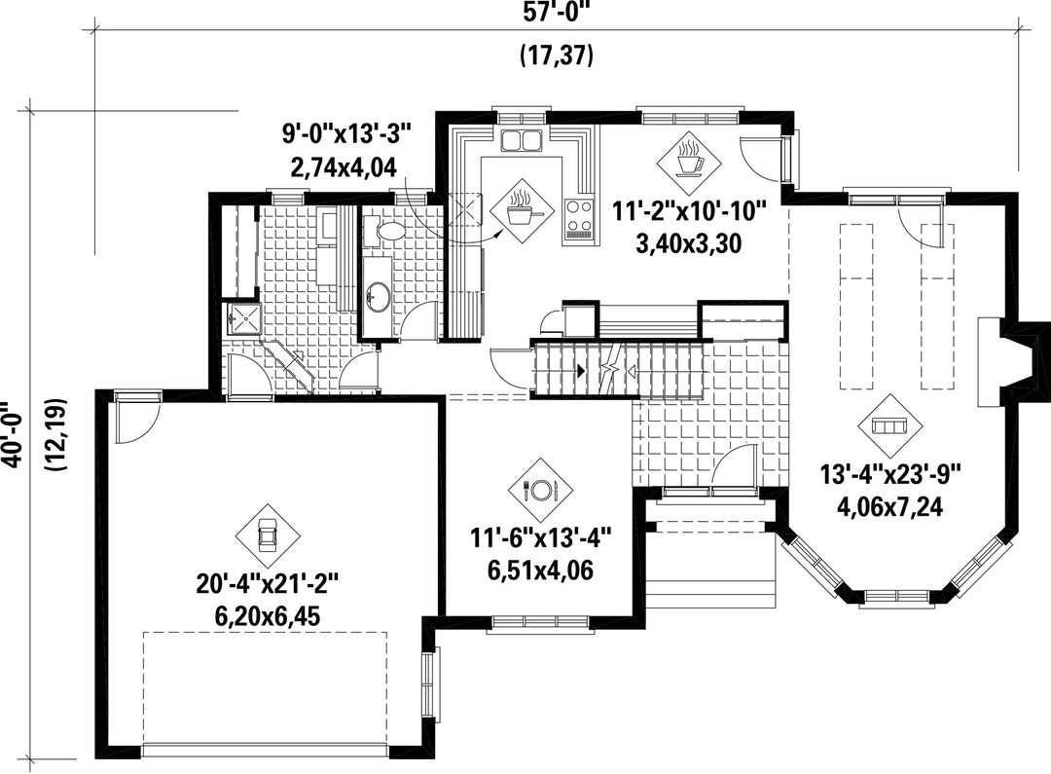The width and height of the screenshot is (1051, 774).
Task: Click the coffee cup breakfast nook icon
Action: click(x=689, y=159)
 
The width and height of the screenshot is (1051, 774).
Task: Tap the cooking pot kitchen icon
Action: click(x=523, y=211)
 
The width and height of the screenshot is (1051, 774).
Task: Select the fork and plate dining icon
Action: click(x=540, y=490)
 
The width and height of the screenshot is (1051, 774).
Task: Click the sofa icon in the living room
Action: click(x=890, y=425)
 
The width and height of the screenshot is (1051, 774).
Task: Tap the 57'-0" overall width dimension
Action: click(x=557, y=13)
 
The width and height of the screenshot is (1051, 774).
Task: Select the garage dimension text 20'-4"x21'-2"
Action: click(x=269, y=584)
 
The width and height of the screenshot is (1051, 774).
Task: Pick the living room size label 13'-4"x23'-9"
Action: click(x=890, y=474)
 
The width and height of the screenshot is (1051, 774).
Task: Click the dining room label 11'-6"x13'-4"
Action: click(x=541, y=538)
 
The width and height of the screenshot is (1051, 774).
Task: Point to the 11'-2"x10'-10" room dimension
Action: click(x=689, y=211)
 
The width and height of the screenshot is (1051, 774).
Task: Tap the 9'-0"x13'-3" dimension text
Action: click(x=345, y=133)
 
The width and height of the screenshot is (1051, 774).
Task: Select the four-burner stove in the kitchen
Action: click(x=578, y=219)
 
